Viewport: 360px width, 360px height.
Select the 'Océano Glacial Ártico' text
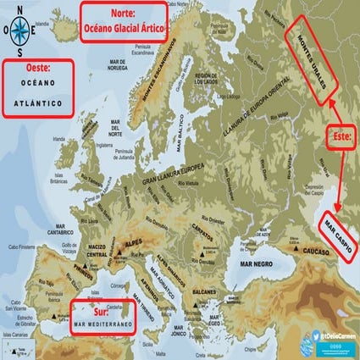tap(123, 28)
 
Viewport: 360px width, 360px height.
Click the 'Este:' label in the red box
tap(339, 134)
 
